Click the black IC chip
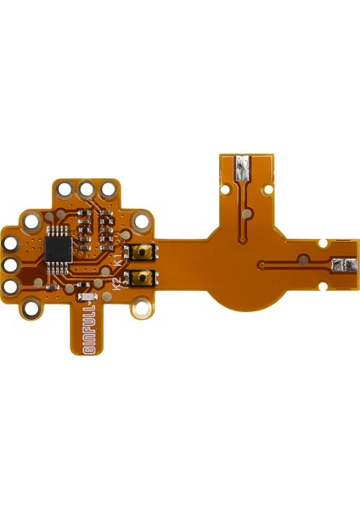tap(59, 248)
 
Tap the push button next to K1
tap(143, 252)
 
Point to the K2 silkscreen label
tap(116, 284)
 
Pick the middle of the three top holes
tap(87, 188)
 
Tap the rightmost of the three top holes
tap(109, 188)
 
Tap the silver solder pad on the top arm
tap(243, 167)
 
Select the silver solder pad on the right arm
tap(344, 266)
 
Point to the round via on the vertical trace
tap(247, 212)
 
